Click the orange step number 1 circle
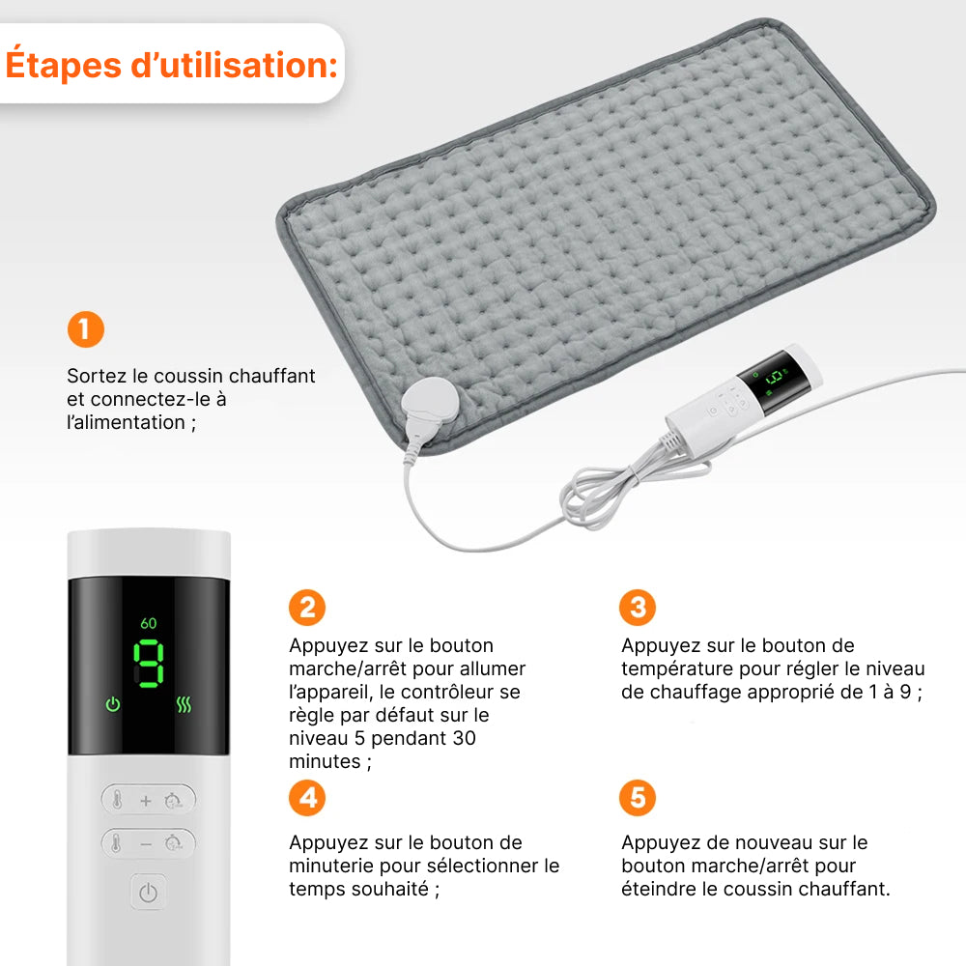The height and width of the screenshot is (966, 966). coord(86,329)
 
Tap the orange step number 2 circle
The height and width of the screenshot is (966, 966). coord(307,608)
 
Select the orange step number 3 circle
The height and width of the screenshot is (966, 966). coord(638,608)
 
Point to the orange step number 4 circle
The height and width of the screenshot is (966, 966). coord(307,798)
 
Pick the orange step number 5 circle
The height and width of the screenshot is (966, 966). coord(638,798)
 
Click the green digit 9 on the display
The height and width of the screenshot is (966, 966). coord(149,664)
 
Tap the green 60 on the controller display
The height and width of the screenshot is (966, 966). coord(149,623)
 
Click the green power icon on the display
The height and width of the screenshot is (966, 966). coord(113,704)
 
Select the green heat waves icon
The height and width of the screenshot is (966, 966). coord(184,705)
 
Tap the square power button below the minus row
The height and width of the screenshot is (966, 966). coord(149,892)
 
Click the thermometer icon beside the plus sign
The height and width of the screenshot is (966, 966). coord(117,800)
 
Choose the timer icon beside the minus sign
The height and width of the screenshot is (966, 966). coord(173,842)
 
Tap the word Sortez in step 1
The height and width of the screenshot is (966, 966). coord(96,375)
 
